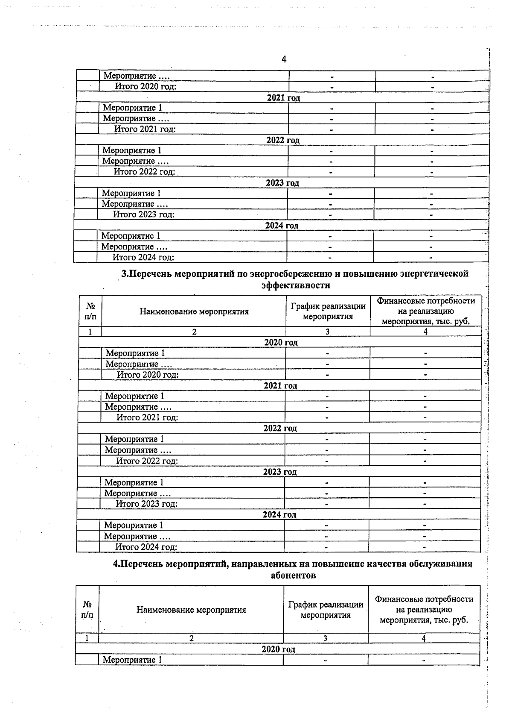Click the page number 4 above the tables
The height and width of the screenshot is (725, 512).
(x=284, y=59)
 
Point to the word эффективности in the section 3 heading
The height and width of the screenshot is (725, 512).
(x=296, y=285)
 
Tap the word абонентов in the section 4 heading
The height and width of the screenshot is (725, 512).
(x=294, y=575)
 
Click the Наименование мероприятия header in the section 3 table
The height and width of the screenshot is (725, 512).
(x=194, y=311)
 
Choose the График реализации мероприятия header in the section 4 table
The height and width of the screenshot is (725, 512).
(x=326, y=610)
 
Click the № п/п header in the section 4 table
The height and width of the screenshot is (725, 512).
(x=87, y=610)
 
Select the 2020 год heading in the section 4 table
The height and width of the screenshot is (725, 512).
(x=278, y=649)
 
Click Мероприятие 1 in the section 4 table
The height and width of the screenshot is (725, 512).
(x=132, y=660)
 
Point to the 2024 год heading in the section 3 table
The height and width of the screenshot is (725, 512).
(x=279, y=514)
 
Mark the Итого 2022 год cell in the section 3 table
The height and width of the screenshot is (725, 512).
(x=147, y=461)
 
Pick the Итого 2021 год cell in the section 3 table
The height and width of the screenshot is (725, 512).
(x=147, y=417)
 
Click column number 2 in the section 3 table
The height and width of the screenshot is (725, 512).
(x=194, y=332)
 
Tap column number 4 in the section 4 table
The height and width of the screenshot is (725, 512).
(x=424, y=638)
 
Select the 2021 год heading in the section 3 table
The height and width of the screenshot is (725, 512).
(x=280, y=385)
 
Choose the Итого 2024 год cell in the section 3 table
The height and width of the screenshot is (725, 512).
(x=146, y=547)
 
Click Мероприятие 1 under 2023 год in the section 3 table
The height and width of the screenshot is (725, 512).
(x=134, y=482)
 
